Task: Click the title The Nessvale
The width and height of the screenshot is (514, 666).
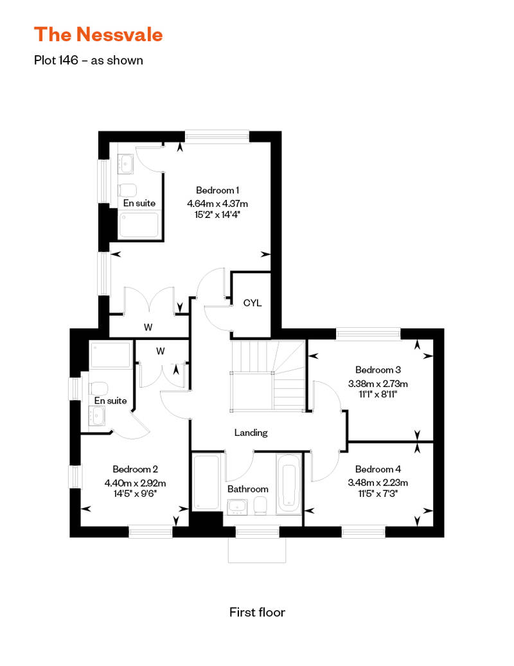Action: point(98,34)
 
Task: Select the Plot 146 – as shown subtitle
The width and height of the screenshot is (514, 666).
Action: point(88,60)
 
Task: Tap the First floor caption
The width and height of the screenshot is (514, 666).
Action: point(257,612)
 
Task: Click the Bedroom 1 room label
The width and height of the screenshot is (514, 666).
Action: point(217,190)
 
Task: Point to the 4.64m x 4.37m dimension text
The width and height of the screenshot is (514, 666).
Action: point(217,203)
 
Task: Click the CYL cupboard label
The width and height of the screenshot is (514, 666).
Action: point(252,303)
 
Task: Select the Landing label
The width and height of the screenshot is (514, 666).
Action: point(251,433)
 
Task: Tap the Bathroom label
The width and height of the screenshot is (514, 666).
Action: point(247,489)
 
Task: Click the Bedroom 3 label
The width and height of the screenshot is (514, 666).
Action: point(378,370)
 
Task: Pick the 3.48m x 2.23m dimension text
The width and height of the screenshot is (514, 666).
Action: point(378,483)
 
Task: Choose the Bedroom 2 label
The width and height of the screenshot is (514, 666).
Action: point(135,469)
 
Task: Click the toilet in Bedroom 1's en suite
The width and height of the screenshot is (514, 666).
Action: point(127,190)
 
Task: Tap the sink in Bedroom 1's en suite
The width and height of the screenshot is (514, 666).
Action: point(125,163)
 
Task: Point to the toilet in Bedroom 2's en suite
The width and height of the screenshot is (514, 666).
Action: point(98,389)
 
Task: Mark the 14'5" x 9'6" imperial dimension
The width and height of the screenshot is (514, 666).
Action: point(135,494)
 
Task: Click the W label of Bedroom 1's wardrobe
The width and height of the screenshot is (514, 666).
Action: point(148,327)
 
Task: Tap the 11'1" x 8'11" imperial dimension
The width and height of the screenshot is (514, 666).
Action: point(378,394)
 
